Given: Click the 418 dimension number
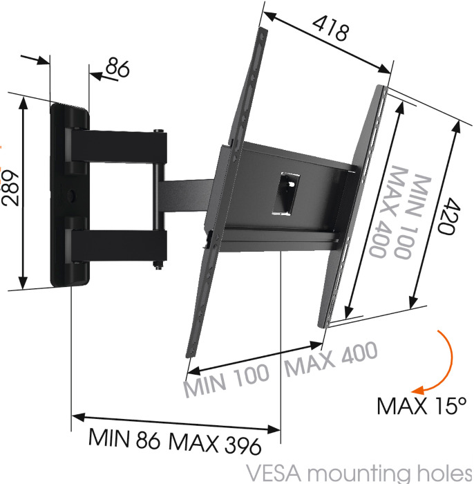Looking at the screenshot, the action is (x=331, y=28).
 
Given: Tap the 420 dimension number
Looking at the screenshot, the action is (x=447, y=216).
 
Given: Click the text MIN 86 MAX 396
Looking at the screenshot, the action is (x=175, y=441).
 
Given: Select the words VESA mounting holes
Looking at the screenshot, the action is (x=359, y=474).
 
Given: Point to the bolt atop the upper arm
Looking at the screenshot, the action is (x=158, y=131).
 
